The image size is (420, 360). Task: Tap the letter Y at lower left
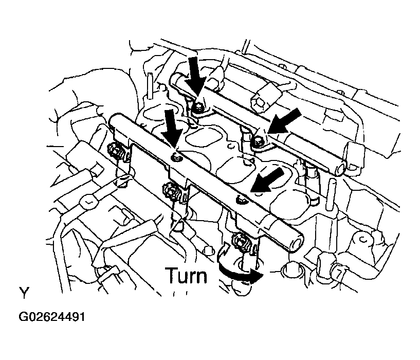[24, 293]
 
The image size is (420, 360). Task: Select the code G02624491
[52, 317]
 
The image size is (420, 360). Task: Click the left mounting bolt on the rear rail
[199, 108]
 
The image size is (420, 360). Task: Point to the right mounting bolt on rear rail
[258, 140]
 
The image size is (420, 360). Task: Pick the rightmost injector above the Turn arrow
[241, 241]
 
